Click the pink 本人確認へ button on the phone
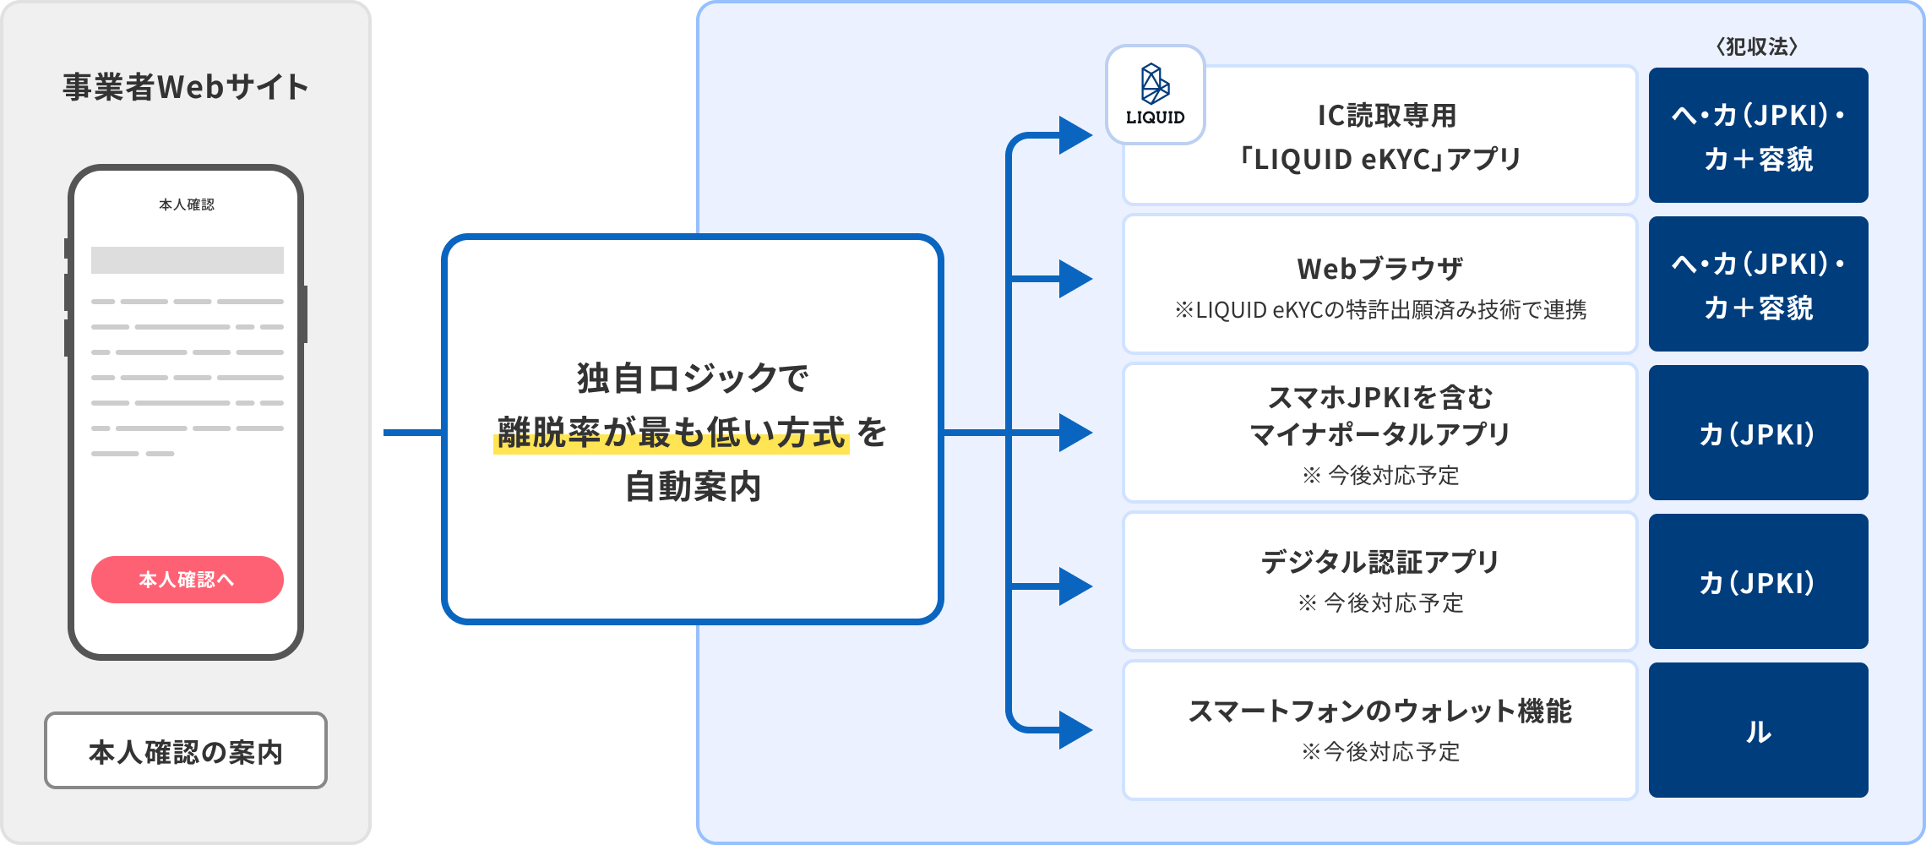point(187,580)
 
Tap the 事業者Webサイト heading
point(186,87)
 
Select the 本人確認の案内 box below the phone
point(186,751)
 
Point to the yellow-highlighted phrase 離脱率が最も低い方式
point(671,433)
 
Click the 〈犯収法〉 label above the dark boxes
point(1757,46)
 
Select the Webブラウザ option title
point(1379,269)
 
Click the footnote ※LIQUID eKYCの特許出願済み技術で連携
point(1379,310)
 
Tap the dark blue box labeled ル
point(1758,730)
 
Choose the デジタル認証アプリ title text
point(1379,562)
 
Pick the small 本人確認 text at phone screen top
point(187,204)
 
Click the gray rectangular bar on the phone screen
point(187,260)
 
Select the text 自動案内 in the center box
point(693,488)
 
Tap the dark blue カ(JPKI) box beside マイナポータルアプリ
point(1758,433)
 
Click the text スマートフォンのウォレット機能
point(1379,711)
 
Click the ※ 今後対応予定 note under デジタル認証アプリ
point(1379,603)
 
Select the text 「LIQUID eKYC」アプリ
point(1379,159)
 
